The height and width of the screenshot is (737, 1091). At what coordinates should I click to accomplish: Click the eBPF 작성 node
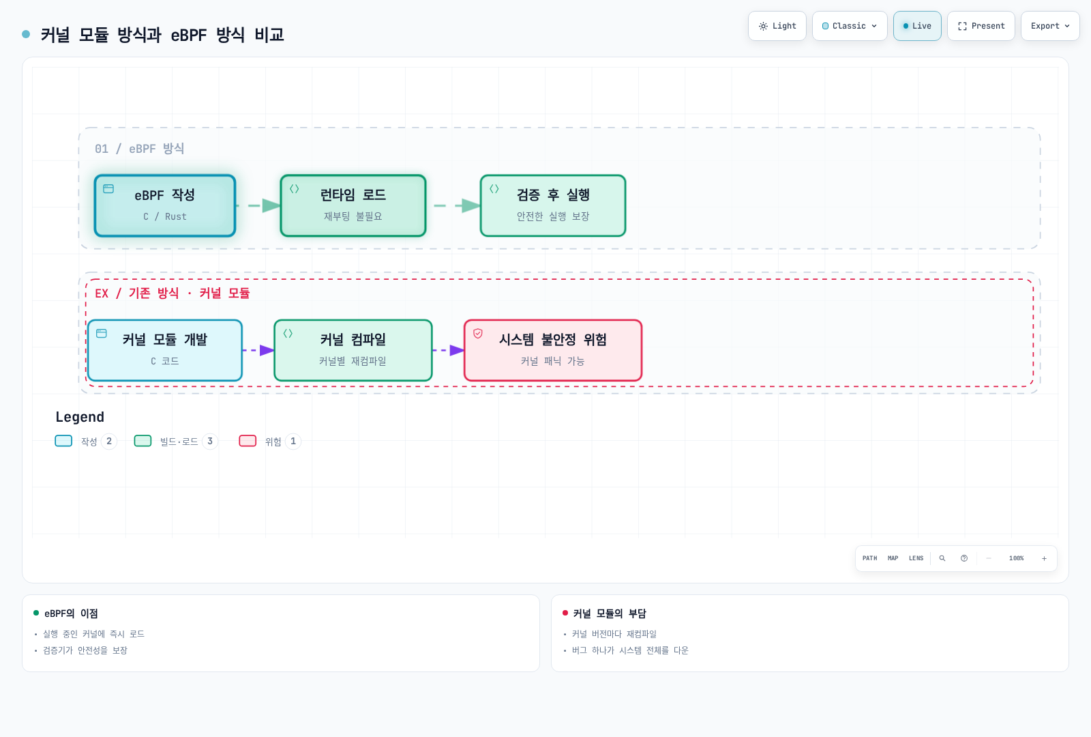164,205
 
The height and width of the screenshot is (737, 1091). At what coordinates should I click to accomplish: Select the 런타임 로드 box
353,205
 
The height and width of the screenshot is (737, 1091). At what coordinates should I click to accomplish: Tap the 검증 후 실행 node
553,205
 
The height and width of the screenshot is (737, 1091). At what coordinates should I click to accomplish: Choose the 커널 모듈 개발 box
164,350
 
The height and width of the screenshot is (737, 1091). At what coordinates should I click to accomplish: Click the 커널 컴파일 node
353,350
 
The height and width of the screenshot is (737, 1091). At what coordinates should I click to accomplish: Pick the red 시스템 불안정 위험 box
553,350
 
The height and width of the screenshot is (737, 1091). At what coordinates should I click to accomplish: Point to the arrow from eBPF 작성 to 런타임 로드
258,205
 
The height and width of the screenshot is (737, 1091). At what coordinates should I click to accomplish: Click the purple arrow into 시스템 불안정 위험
448,350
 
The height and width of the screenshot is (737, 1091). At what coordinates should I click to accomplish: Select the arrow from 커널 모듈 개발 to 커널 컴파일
258,350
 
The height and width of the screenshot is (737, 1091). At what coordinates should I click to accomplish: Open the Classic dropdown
850,26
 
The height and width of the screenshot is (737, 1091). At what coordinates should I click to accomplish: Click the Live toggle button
917,26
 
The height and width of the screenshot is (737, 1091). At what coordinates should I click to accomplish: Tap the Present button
981,26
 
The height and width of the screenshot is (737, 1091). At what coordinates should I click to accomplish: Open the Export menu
1050,26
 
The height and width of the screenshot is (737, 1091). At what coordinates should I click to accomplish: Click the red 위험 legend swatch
248,441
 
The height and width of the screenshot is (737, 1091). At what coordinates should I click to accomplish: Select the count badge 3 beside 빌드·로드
210,441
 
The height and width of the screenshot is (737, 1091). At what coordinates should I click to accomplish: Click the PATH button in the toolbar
869,558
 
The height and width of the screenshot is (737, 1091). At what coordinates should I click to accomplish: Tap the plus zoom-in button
1044,558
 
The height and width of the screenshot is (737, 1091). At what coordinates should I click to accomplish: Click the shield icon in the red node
478,334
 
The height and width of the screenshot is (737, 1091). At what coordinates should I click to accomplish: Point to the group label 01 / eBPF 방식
139,149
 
